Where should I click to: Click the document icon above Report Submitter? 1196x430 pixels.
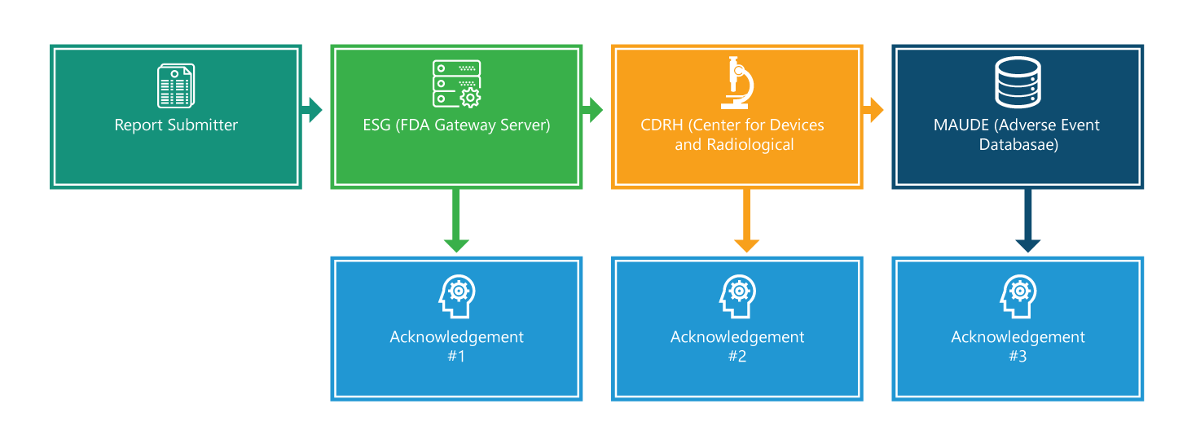tap(176, 86)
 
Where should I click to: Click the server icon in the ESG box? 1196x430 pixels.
tap(456, 83)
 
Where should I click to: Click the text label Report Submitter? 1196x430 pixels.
tap(176, 125)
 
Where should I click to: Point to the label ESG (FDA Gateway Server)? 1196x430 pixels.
tap(456, 125)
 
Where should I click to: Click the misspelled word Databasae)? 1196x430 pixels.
tap(1018, 145)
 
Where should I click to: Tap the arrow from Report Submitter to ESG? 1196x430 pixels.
tap(312, 109)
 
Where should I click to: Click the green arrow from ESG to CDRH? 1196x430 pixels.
tap(592, 109)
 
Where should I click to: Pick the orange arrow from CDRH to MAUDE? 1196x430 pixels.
tap(873, 109)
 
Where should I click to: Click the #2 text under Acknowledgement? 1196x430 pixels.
tap(737, 356)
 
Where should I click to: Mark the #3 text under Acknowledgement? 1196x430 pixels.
tap(1018, 356)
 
